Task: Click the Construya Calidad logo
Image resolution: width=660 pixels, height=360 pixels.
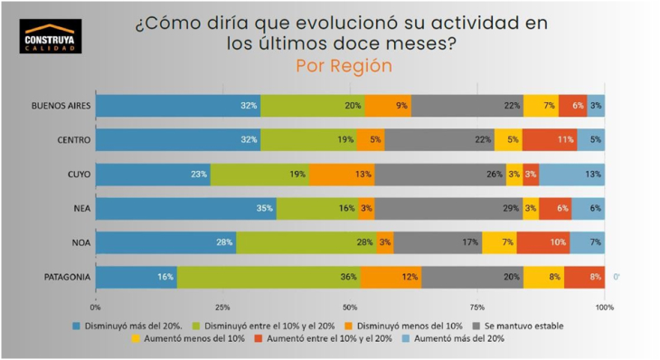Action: tap(50, 36)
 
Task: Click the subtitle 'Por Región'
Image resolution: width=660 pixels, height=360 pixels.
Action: tap(344, 66)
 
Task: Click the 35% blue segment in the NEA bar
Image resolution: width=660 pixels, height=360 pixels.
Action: tap(185, 209)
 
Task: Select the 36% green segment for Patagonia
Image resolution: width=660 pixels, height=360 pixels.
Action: tap(269, 278)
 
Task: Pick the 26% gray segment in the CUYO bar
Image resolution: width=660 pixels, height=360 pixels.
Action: tap(440, 175)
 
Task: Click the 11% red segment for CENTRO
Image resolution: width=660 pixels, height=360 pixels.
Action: tap(550, 140)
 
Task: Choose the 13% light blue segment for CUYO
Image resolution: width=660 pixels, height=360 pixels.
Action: tap(572, 175)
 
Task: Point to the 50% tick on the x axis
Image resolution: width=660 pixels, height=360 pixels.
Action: tap(350, 307)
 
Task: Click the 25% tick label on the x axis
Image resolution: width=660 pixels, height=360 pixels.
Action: tap(222, 307)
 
